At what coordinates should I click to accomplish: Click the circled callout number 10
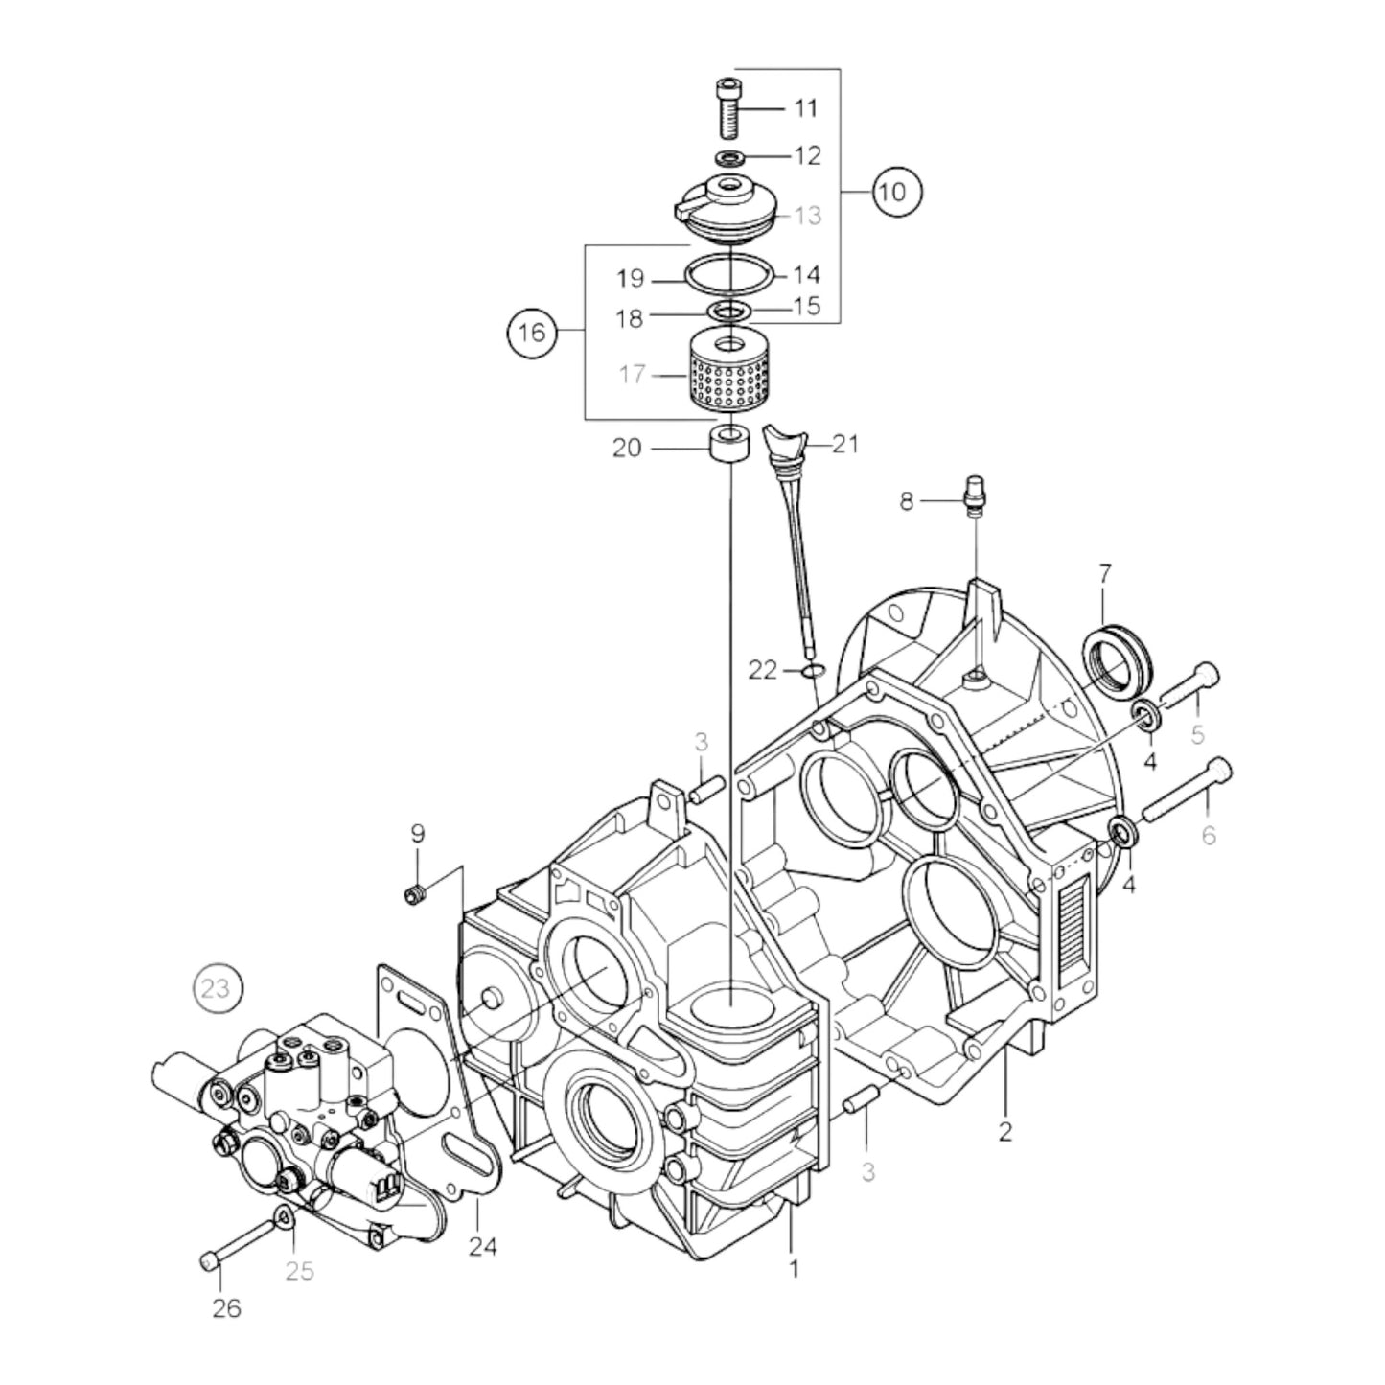pyautogui.click(x=893, y=192)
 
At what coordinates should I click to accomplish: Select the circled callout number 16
pyautogui.click(x=532, y=333)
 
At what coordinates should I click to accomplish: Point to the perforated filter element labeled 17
pyautogui.click(x=730, y=375)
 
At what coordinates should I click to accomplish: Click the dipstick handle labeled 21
pyautogui.click(x=782, y=444)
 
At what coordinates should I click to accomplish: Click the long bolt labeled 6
pyautogui.click(x=1185, y=789)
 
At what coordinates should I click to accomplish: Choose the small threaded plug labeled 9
pyautogui.click(x=415, y=894)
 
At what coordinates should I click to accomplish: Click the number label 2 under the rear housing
pyautogui.click(x=1004, y=1131)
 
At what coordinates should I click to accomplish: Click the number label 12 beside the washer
pyautogui.click(x=807, y=155)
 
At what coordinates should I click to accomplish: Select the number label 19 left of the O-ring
pyautogui.click(x=631, y=279)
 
